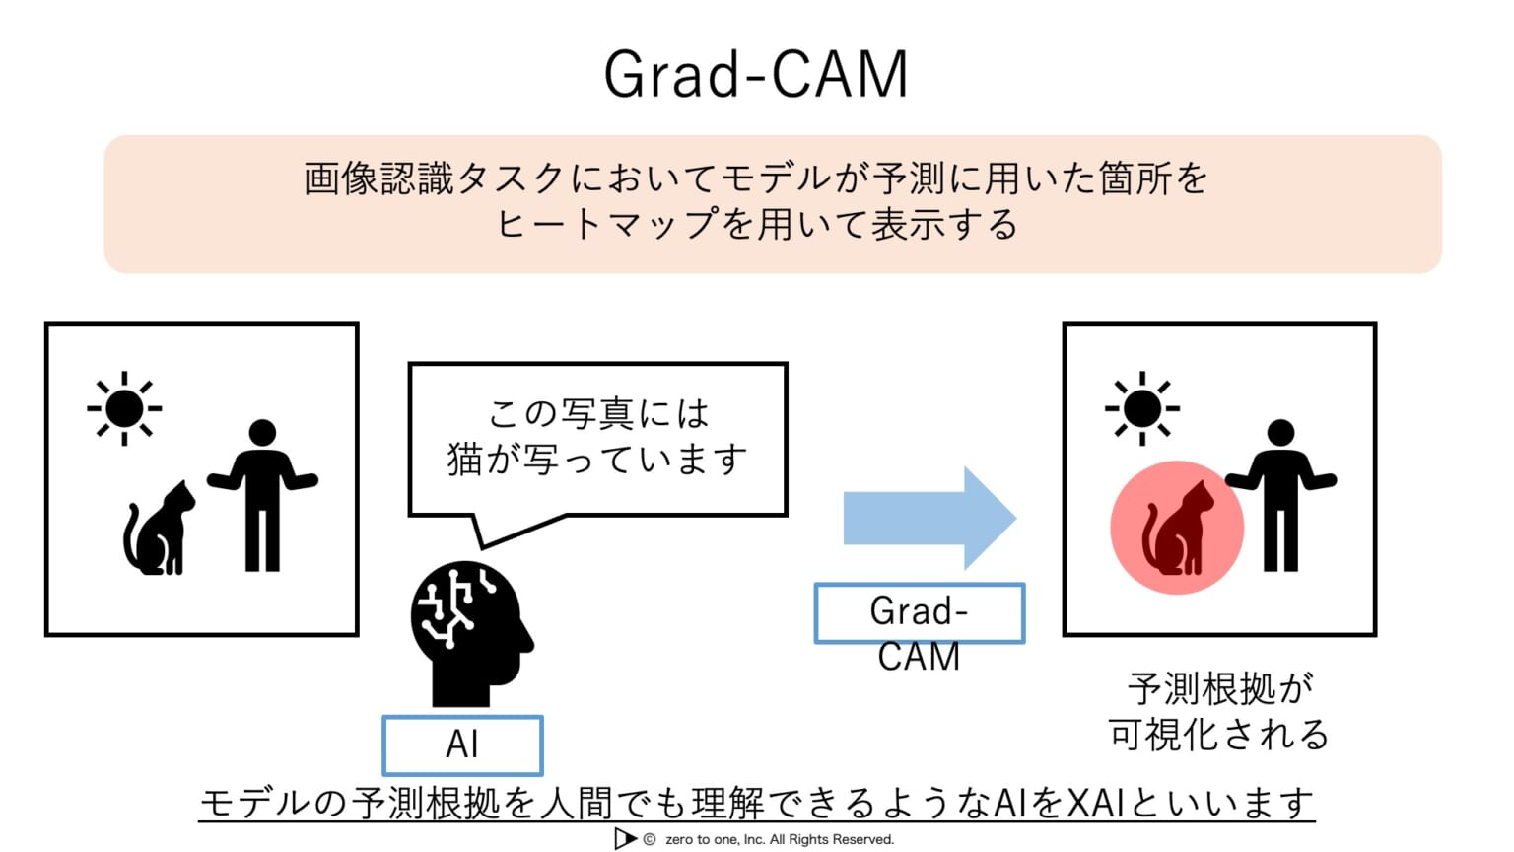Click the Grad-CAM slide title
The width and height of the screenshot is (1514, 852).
pos(755,75)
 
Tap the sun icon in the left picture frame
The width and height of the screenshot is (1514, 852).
pos(124,408)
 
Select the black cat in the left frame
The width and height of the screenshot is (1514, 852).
pos(159,530)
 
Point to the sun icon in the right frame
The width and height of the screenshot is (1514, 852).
pos(1141,408)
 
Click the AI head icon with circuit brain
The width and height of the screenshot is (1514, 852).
pos(469,631)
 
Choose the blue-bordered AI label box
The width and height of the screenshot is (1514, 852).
pos(462,745)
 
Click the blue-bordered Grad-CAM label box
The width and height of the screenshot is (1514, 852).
pos(919,613)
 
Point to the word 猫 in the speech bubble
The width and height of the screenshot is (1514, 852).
pos(465,460)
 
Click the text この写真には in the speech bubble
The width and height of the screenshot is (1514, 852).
pos(598,413)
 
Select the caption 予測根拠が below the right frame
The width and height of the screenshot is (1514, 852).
pos(1219,688)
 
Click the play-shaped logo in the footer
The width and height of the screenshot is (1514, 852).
pos(624,838)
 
